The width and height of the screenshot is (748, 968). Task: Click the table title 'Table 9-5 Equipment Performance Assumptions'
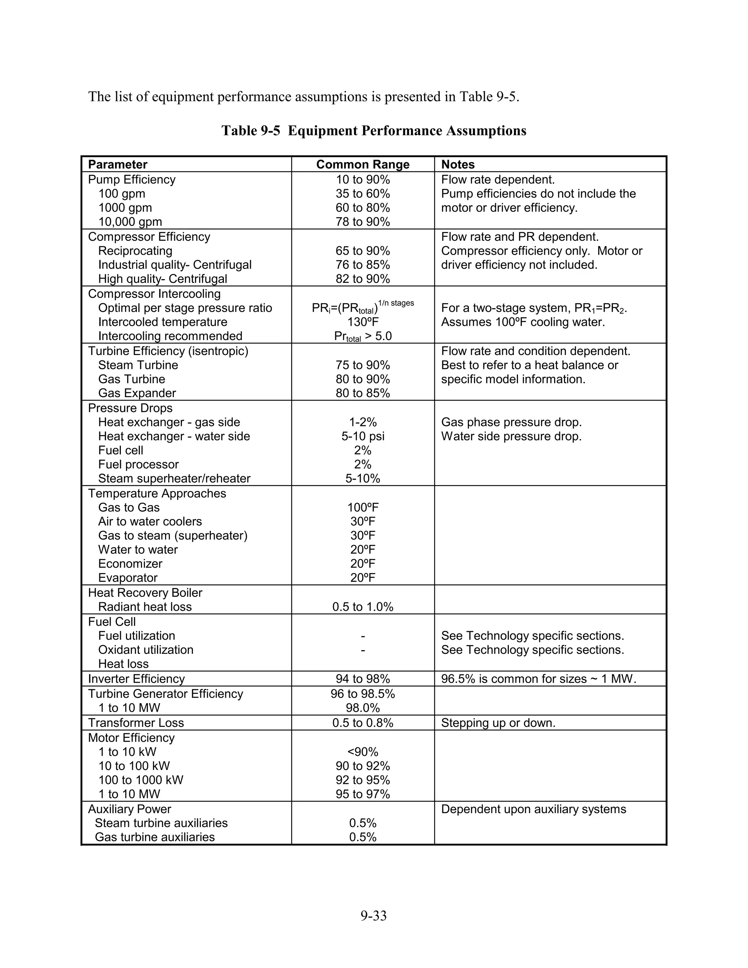374,131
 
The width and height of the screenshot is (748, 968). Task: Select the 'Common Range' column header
362,164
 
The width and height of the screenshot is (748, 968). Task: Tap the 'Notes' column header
458,164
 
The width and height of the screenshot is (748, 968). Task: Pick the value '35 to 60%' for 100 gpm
362,194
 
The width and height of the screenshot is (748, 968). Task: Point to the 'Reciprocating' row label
135,251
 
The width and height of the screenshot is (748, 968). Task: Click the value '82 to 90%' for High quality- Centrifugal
362,279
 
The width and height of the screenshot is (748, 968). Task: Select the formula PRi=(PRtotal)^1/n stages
362,307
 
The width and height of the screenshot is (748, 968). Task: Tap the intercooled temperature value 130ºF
362,322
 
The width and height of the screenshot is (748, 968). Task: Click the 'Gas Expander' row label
137,393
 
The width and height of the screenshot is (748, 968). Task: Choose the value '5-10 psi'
362,436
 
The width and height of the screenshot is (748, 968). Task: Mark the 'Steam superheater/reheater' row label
174,479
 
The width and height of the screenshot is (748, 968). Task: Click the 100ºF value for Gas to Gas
362,507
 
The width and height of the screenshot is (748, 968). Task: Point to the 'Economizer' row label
130,564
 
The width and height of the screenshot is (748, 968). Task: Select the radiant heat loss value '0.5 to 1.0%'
362,607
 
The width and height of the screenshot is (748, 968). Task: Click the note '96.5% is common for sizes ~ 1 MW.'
538,679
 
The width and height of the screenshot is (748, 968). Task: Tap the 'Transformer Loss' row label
136,723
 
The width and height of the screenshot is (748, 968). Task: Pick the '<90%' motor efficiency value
362,752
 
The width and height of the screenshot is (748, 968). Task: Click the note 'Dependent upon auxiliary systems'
534,809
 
